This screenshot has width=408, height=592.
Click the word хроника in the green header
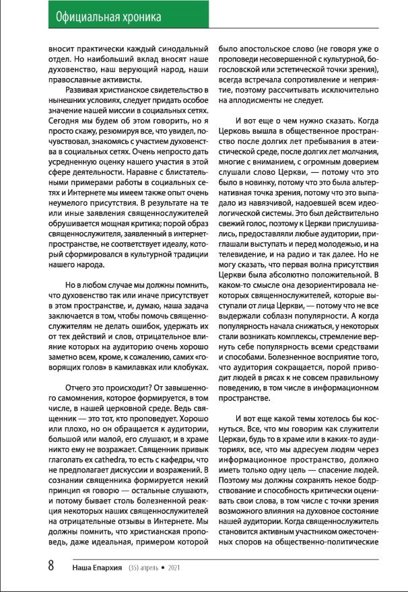click(147, 15)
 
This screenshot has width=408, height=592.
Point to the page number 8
click(50, 566)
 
